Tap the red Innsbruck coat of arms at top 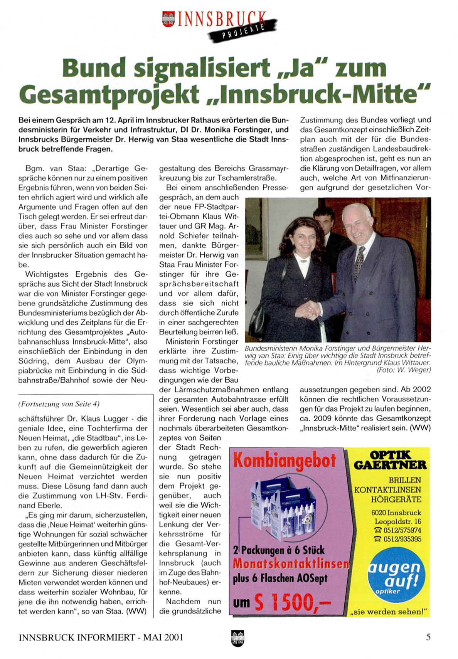pos(168,19)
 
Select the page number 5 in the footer pos(428,637)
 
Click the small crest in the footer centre pos(237,638)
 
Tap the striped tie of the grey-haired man pos(359,263)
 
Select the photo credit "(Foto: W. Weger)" pos(404,370)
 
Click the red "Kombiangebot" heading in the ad pos(285,461)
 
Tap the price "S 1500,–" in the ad pos(293,602)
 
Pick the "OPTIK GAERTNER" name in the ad pos(390,460)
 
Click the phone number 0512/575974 pos(400,530)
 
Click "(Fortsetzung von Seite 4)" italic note pos(59,404)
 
